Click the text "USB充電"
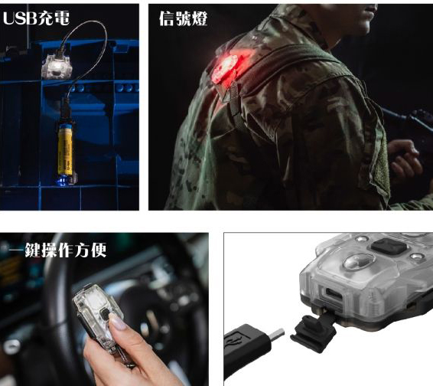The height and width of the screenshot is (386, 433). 36,18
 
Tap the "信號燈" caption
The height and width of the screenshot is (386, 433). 183,18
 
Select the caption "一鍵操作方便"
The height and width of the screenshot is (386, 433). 58,250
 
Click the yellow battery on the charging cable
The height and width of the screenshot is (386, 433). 65,149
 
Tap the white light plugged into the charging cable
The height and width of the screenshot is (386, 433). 57,67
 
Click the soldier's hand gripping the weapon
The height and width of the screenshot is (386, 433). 405,157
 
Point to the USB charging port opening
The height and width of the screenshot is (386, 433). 334,293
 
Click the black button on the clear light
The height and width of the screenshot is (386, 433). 389,246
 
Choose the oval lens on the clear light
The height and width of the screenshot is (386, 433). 359,261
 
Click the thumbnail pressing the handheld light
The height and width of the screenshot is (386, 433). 118,322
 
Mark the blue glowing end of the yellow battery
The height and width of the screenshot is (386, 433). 63,180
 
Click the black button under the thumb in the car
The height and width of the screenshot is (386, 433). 105,314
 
